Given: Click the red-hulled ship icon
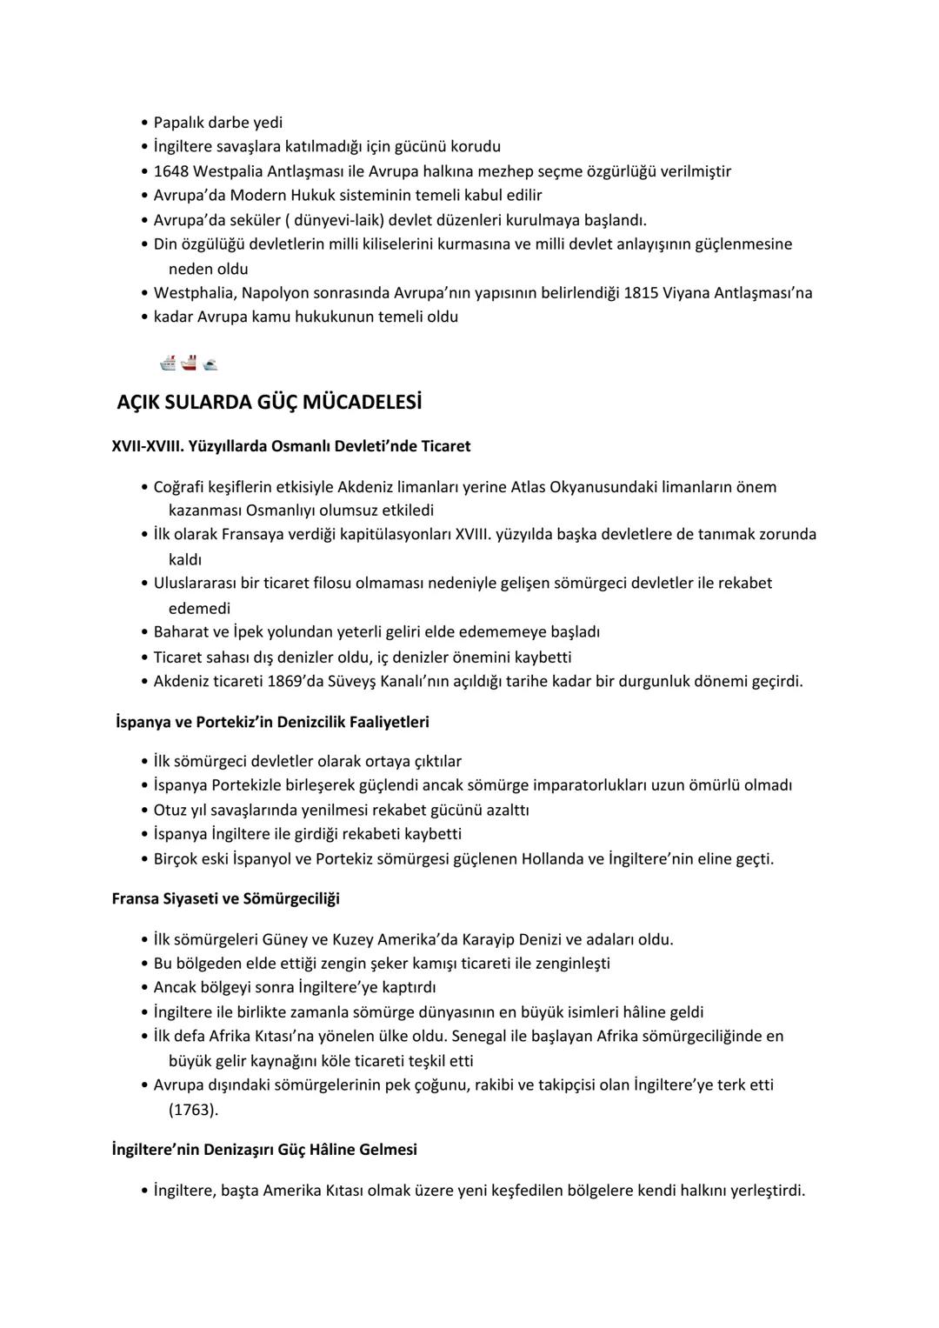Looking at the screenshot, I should coord(190,363).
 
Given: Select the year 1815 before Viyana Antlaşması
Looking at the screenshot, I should coord(641,293).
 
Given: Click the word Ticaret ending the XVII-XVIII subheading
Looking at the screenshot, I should coord(445,446).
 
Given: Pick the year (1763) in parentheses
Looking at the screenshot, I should coord(194,1110).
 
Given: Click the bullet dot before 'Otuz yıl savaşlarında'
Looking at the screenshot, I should coord(144,811).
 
